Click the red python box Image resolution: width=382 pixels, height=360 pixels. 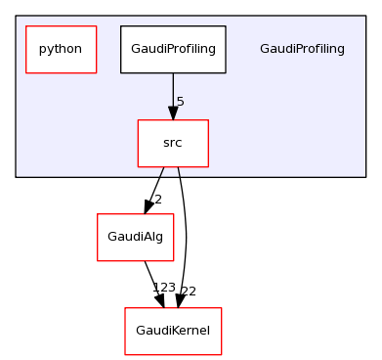(61, 49)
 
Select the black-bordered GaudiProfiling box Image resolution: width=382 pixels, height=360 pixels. (173, 49)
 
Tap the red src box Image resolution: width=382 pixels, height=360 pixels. (173, 143)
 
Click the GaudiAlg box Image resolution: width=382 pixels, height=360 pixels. (135, 237)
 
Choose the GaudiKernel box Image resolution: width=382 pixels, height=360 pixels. (173, 331)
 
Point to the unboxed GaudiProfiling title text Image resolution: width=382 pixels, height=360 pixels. (302, 49)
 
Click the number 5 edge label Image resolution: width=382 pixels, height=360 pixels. (181, 102)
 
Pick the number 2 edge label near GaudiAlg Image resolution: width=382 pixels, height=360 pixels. (156, 200)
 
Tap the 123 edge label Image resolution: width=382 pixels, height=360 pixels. (164, 288)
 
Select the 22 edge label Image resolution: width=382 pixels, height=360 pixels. (189, 291)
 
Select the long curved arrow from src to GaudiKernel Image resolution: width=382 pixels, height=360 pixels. (186, 235)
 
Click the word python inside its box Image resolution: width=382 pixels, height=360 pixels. (61, 49)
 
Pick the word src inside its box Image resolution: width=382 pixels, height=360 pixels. (173, 143)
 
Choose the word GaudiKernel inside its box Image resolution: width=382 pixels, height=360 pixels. (173, 331)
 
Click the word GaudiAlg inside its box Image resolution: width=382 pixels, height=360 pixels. (135, 237)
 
